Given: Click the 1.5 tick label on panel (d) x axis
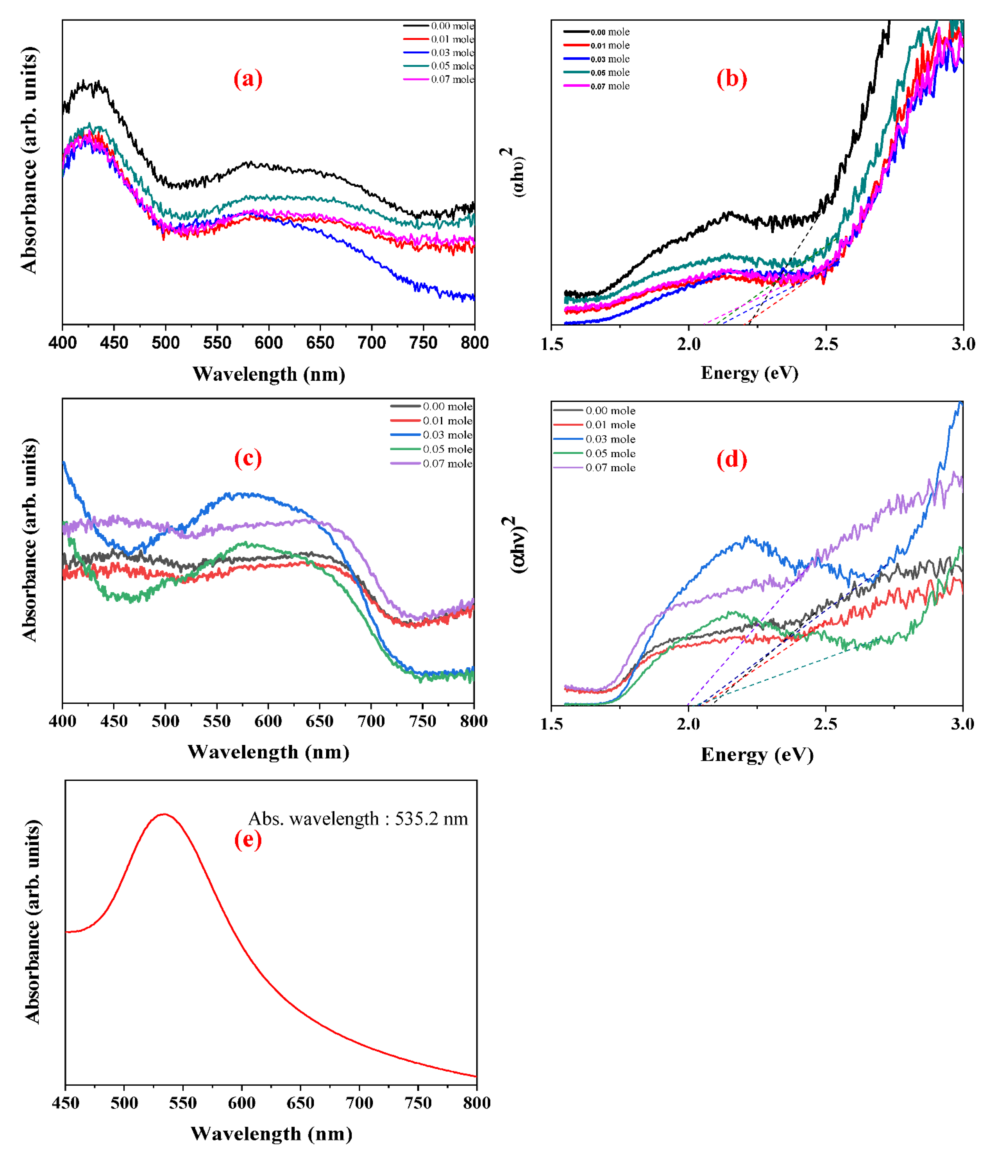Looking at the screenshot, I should (x=552, y=724).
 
